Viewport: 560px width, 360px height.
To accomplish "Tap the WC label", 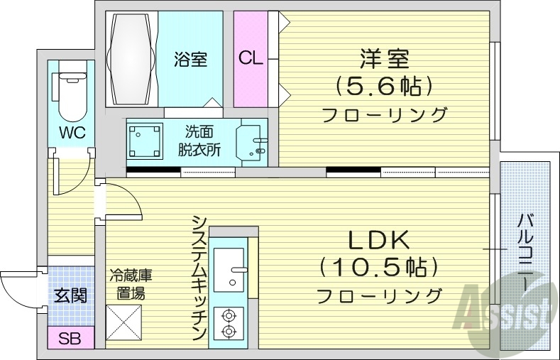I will (x=72, y=133).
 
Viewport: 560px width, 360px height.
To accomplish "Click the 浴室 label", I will (x=190, y=59).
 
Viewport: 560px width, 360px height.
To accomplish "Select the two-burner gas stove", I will (x=229, y=322).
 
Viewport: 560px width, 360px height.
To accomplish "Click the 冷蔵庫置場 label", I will (x=131, y=284).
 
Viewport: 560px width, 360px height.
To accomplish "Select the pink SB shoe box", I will (x=70, y=338).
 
